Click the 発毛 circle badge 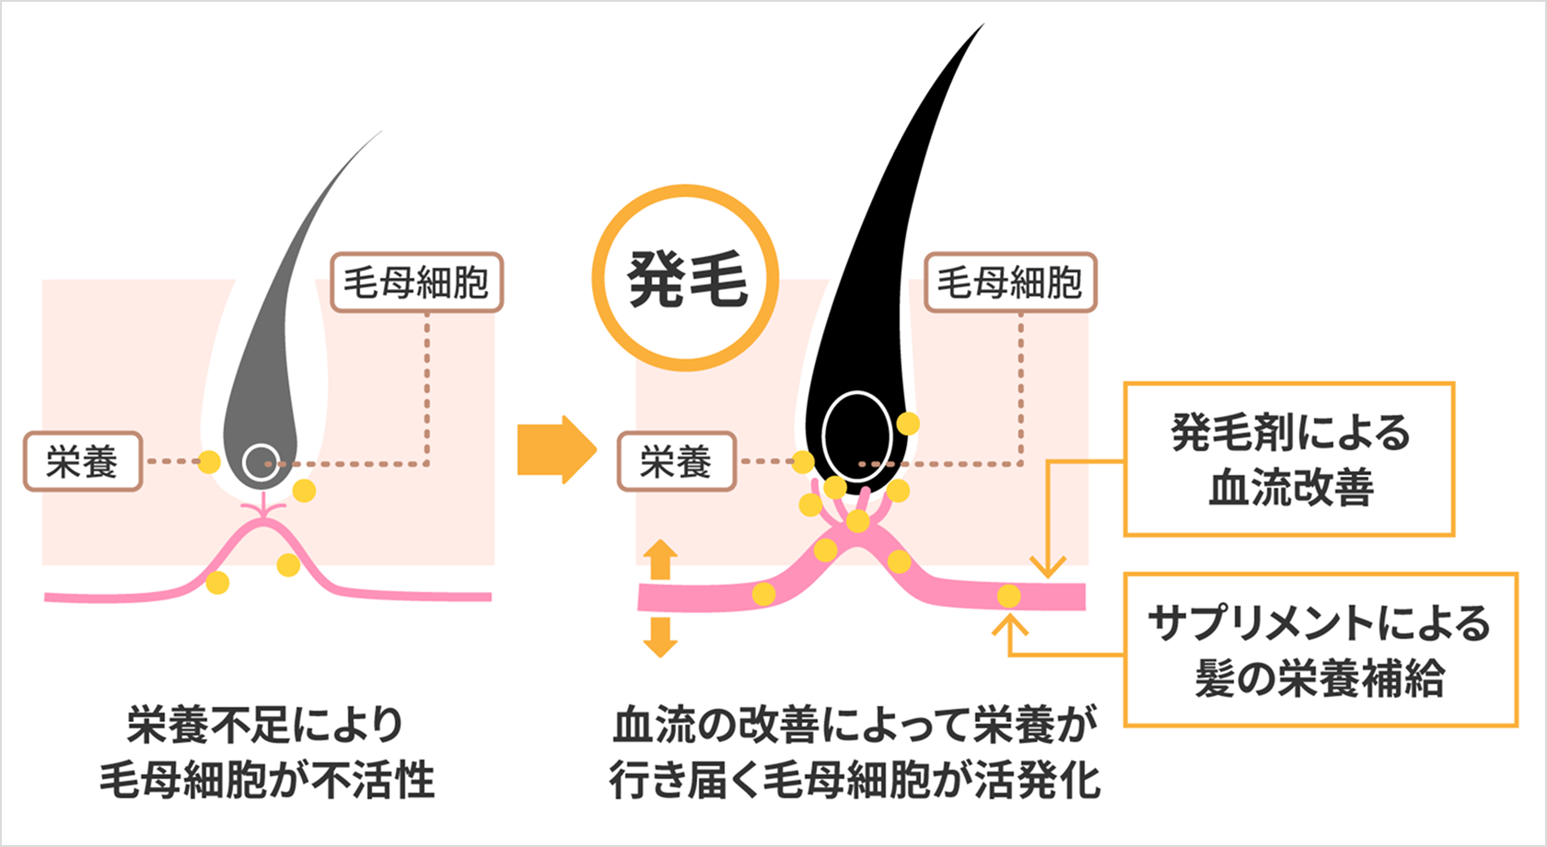pyautogui.click(x=685, y=278)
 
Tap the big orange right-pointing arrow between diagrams pyautogui.click(x=555, y=449)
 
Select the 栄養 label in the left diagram pyautogui.click(x=82, y=461)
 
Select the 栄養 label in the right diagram pyautogui.click(x=676, y=461)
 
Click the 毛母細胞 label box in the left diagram pyautogui.click(x=416, y=283)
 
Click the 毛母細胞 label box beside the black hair pyautogui.click(x=1010, y=283)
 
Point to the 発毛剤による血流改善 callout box pyautogui.click(x=1288, y=459)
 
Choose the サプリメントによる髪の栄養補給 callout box pyautogui.click(x=1320, y=650)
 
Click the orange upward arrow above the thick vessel pyautogui.click(x=660, y=559)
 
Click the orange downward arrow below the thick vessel pyautogui.click(x=660, y=637)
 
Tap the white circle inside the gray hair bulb pyautogui.click(x=261, y=461)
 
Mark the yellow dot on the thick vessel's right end pyautogui.click(x=1009, y=596)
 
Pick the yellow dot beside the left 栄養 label pyautogui.click(x=209, y=461)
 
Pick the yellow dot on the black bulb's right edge pyautogui.click(x=908, y=423)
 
